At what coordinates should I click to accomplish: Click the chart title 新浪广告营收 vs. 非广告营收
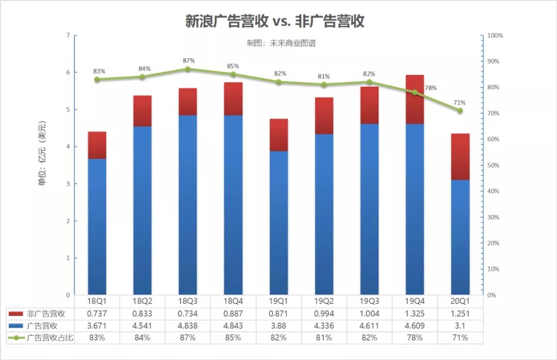[275, 21]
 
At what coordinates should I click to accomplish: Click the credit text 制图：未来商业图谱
[281, 43]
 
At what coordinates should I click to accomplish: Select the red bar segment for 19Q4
[415, 99]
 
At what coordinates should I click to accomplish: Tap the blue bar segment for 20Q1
[460, 237]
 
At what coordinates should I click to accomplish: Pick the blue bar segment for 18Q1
[97, 227]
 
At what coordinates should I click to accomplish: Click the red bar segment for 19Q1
[278, 135]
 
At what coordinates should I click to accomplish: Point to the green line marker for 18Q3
[188, 69]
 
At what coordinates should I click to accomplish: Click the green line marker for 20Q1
[460, 111]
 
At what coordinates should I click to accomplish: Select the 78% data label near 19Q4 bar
[430, 88]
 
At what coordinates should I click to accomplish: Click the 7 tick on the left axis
[68, 36]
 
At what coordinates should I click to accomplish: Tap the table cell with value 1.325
[415, 313]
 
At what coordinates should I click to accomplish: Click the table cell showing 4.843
[233, 325]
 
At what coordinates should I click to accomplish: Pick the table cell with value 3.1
[460, 325]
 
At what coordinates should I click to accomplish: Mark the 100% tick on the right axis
[496, 36]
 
